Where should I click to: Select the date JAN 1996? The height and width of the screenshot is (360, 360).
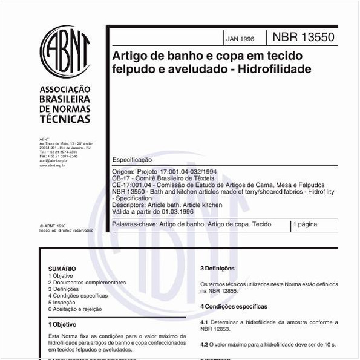tap(240, 39)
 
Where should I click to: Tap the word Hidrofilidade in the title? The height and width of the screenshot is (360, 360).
tap(273, 69)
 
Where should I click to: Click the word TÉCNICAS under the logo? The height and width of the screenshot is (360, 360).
tap(65, 119)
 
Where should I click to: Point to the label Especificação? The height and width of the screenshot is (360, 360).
tap(133, 160)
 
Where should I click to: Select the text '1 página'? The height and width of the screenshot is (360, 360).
tap(306, 224)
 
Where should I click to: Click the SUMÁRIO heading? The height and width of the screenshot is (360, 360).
tap(62, 269)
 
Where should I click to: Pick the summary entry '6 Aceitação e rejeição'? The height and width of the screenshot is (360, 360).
tap(75, 309)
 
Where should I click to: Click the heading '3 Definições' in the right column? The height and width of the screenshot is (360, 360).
tap(217, 269)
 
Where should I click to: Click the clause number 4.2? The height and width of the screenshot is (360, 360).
tap(204, 344)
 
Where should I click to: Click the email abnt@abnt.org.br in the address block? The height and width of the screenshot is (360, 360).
tap(53, 160)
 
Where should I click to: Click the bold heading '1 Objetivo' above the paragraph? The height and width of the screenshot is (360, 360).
tap(62, 325)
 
